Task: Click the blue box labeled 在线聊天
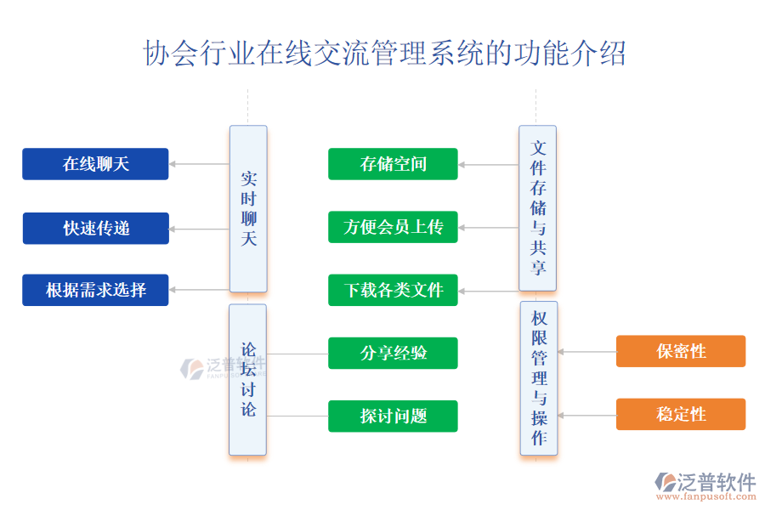tap(95, 164)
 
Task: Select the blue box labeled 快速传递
tap(95, 228)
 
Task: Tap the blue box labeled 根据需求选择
tap(95, 290)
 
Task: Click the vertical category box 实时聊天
tap(248, 209)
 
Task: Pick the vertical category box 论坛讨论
tap(248, 379)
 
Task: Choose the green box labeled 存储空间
tap(393, 164)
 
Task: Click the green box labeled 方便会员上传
tap(393, 227)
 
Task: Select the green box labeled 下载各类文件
tap(393, 290)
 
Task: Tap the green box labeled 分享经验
tap(393, 353)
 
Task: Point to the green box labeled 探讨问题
tap(393, 416)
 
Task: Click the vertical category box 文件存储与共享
tap(537, 208)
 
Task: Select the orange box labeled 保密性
tap(681, 351)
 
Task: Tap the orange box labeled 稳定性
tap(681, 414)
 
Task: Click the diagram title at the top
tap(384, 54)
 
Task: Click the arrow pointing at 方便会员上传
tap(489, 228)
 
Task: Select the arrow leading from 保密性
tap(586, 351)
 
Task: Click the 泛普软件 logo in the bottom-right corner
tap(705, 485)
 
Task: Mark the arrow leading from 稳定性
tap(586, 415)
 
